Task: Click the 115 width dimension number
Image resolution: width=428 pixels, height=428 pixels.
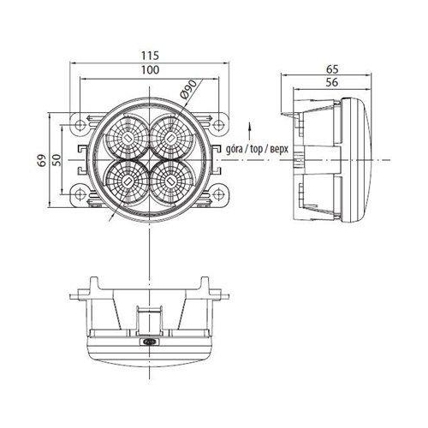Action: [x=150, y=56]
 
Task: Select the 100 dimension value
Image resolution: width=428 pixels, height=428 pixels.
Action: [x=151, y=70]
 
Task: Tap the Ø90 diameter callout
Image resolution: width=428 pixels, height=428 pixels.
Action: [x=189, y=89]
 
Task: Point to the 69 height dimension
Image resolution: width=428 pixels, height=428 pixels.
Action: [x=43, y=161]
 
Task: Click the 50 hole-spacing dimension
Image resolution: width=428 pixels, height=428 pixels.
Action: [x=57, y=160]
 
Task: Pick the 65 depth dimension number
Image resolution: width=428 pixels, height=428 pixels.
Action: [x=332, y=69]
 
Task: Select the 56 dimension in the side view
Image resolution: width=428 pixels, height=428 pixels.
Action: [x=332, y=82]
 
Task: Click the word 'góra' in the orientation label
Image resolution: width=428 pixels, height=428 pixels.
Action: [x=235, y=150]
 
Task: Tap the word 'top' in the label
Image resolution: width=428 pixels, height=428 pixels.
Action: [x=256, y=150]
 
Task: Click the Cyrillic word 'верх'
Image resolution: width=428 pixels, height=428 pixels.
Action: [x=278, y=150]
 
